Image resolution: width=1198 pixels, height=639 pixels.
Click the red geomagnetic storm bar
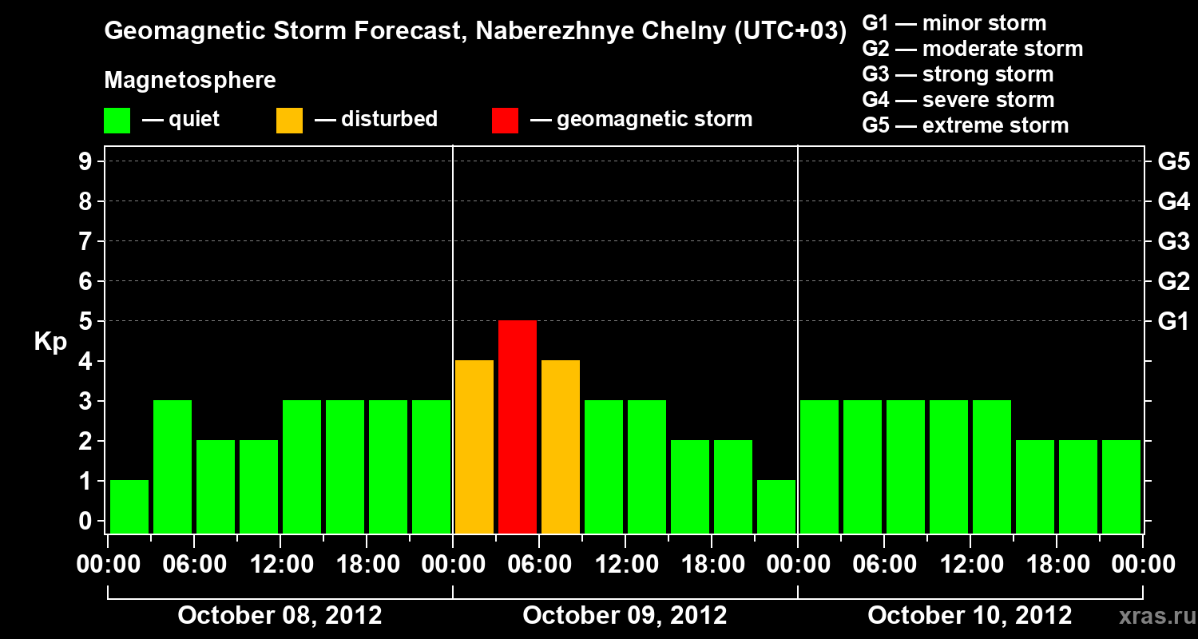point(518,427)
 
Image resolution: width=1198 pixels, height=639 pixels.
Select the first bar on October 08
point(129,506)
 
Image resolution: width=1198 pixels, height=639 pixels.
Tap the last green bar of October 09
point(776,506)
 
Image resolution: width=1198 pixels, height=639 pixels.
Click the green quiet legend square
point(117,121)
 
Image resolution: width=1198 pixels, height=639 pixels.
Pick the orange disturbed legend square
point(289,121)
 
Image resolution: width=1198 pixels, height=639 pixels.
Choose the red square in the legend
point(505,121)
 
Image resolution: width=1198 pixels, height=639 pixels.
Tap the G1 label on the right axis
point(1173,321)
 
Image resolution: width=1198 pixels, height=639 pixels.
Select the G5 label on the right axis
point(1173,161)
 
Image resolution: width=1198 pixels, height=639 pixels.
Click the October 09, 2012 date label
point(625,616)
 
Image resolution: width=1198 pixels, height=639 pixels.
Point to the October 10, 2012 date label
point(970,616)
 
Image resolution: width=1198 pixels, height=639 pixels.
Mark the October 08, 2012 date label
point(280,616)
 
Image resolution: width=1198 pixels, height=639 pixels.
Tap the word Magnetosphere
point(190,81)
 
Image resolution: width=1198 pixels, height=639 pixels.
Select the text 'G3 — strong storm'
point(958,74)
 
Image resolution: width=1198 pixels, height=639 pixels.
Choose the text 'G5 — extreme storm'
point(965,125)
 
